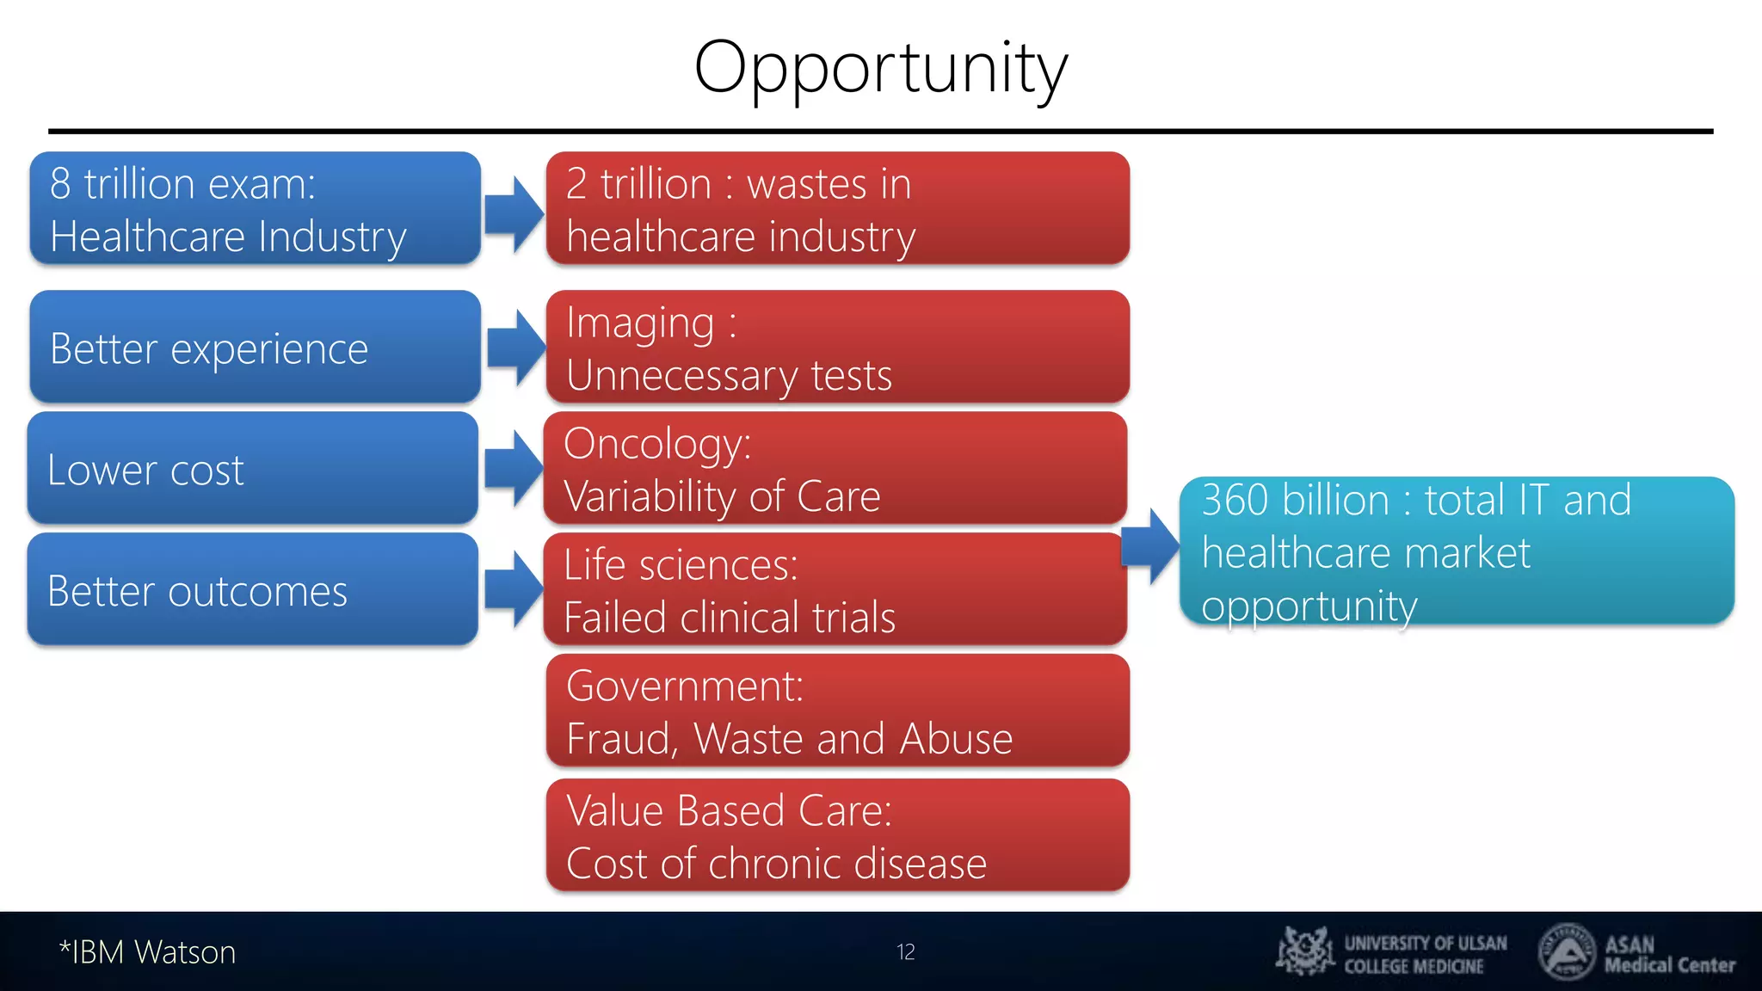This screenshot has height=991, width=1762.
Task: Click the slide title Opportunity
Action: (880, 69)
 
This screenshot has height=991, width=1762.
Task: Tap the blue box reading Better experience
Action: (255, 347)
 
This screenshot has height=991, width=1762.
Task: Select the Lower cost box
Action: (252, 469)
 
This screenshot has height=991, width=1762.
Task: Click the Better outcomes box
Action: (252, 590)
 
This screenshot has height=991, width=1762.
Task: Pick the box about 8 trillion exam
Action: (255, 209)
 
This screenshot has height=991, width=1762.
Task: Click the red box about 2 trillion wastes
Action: (837, 209)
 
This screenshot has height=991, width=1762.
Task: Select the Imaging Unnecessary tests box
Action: (837, 348)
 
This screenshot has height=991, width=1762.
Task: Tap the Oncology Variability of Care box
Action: (835, 469)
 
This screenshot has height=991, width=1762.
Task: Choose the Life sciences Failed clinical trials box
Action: (835, 590)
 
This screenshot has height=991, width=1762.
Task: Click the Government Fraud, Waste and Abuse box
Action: (837, 711)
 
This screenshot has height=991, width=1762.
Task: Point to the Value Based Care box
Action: (837, 835)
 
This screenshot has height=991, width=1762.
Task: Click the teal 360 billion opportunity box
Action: (1456, 551)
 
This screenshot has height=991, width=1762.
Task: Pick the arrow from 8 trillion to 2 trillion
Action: (514, 213)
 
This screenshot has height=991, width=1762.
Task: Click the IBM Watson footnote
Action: (147, 952)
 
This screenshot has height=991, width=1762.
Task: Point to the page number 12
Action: (905, 952)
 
